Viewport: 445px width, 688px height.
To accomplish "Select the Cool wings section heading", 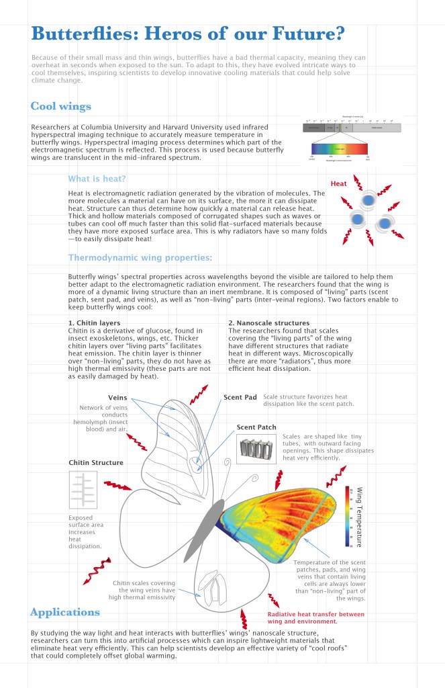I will tap(60, 107).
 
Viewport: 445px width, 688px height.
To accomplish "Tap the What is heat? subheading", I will tap(97, 179).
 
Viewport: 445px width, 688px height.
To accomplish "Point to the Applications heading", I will tap(65, 612).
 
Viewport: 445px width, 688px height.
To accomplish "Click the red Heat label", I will tap(339, 183).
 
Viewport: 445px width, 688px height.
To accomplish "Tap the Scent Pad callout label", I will tap(240, 397).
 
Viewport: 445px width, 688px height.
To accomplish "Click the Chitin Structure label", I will tap(96, 462).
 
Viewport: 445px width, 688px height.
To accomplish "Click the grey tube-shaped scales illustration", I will tap(257, 448).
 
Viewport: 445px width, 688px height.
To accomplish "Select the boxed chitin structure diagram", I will tap(83, 490).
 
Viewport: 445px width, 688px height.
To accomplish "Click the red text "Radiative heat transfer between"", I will tap(316, 614).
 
